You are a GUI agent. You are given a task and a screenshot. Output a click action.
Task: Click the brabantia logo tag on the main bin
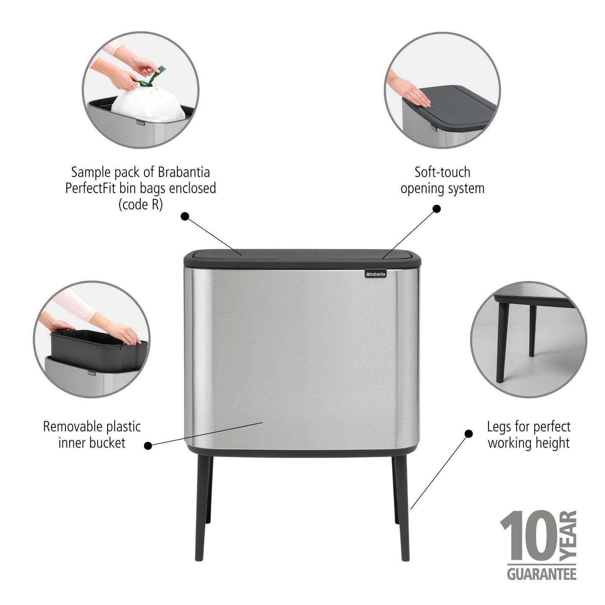[376, 274]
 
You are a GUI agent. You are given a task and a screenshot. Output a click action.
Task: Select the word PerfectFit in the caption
[90, 188]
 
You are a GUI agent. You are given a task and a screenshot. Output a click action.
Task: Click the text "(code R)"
[140, 205]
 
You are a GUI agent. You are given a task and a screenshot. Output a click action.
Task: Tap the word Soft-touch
[442, 172]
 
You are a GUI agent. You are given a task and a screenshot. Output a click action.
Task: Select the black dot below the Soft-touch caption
[437, 209]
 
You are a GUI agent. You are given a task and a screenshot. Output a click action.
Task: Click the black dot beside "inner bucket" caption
[147, 446]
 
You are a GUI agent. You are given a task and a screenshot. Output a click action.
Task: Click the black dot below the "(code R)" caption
[185, 216]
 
